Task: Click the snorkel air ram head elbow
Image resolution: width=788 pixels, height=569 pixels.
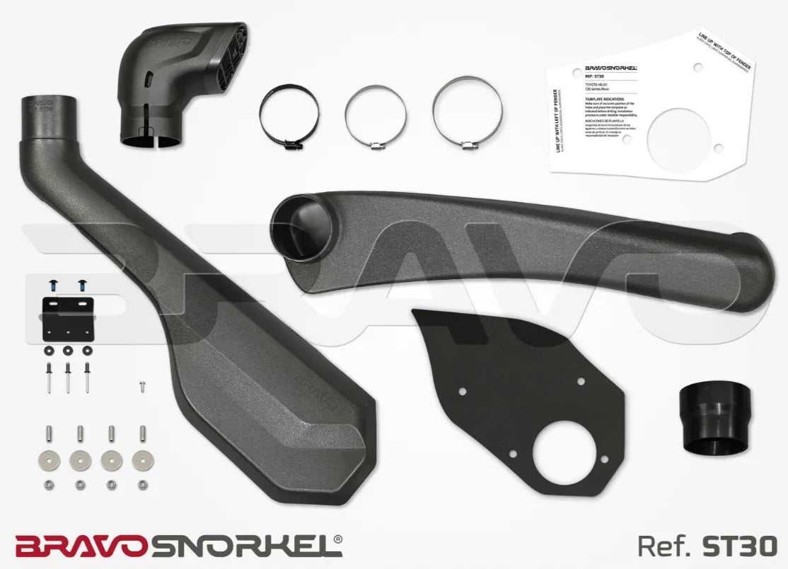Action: click(180, 78)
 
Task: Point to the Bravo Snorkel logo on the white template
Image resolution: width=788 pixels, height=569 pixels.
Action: click(611, 69)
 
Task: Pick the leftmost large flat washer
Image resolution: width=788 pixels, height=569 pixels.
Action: click(49, 459)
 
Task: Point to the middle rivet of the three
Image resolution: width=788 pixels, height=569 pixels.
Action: click(68, 375)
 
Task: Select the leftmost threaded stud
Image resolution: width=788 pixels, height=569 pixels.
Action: click(49, 432)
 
